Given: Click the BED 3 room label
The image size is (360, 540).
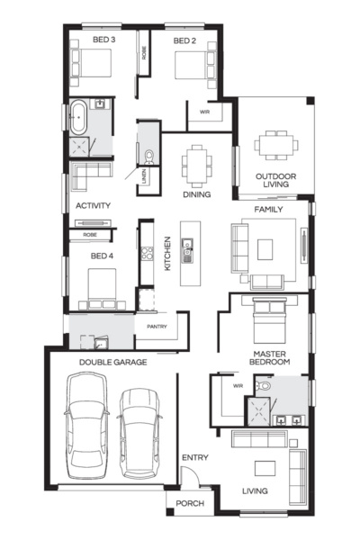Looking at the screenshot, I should pos(104,40).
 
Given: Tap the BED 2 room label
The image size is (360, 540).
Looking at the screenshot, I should pos(184,40).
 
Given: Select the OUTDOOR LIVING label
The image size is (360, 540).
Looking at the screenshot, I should pos(275,181).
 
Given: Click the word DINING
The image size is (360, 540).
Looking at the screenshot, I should pos(195,193).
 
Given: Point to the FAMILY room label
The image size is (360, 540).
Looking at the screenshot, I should pos(268,209).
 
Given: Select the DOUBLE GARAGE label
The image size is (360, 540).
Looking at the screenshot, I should pos(112,362).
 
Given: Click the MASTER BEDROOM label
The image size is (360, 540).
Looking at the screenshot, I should pos(270,357).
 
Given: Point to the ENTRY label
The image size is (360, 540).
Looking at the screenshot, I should pos(194,458).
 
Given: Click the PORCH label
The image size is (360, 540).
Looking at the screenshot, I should pos(189,504).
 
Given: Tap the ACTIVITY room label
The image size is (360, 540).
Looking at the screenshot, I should pos(93,205).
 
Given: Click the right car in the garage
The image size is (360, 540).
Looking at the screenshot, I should pos(139,432).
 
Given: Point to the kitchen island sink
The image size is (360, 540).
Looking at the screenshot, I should pos(189,244).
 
